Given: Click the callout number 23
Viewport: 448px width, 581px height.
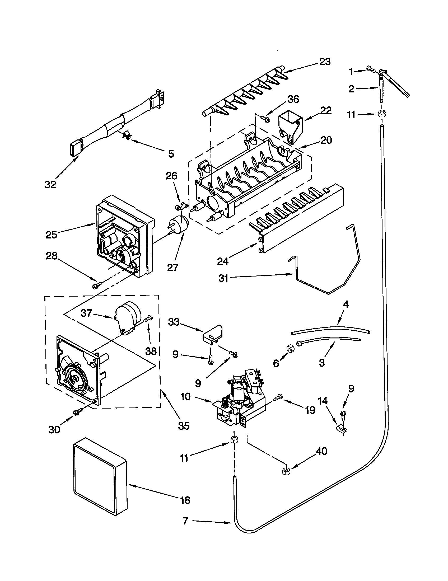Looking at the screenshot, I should (x=325, y=62).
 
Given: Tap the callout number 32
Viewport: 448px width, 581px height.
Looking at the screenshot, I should (x=50, y=184).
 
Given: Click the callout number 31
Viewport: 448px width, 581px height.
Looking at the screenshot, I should (x=223, y=278).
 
